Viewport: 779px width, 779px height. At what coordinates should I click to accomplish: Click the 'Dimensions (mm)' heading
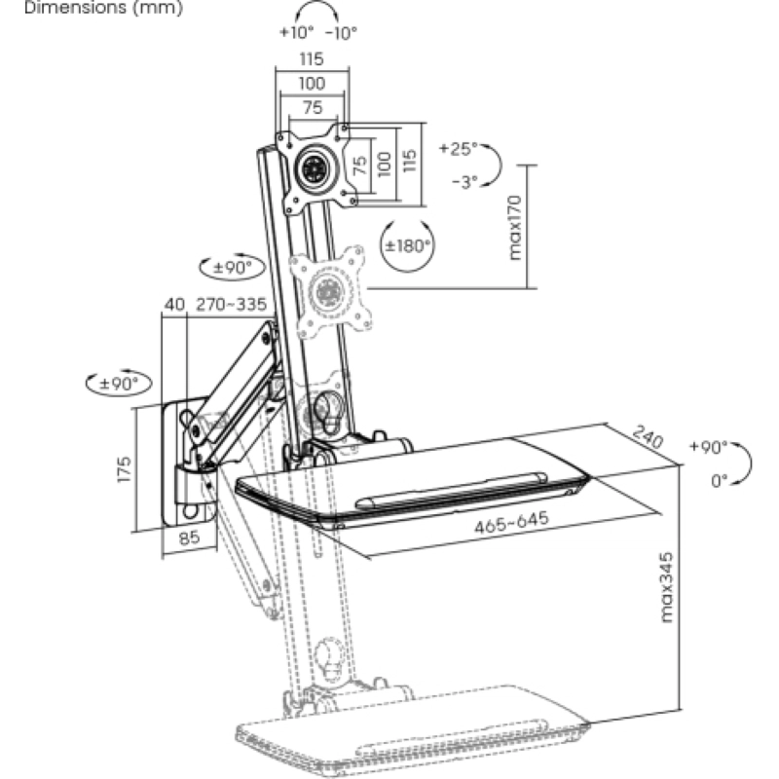pos(103,8)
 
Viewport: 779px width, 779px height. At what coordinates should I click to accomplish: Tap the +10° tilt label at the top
pos(297,33)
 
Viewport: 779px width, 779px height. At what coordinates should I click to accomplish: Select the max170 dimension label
pos(516,227)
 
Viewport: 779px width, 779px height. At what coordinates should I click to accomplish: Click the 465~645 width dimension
pos(512,522)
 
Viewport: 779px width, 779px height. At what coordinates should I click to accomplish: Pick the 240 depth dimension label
pos(648,436)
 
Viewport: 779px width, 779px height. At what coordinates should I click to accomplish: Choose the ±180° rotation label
pos(408,246)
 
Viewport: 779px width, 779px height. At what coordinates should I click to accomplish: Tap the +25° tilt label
pos(458,148)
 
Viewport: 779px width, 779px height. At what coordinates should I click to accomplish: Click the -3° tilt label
pos(465,182)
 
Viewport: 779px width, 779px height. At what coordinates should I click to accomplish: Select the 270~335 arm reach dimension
pos(232,304)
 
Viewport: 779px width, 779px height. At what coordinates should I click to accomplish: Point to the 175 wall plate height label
pos(125,469)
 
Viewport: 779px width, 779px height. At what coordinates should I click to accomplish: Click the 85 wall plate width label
pos(189,538)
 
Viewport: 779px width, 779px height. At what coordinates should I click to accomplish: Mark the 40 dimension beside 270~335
pos(174,304)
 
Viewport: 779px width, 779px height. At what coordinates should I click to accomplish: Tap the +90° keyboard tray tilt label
pos(709,447)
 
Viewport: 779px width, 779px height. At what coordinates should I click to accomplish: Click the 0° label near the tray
pos(720,481)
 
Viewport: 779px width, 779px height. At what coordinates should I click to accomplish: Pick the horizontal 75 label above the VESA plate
pos(313,108)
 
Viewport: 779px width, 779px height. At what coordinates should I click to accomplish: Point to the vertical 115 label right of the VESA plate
pos(409,162)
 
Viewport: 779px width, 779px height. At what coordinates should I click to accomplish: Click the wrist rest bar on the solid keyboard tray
pos(451,490)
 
